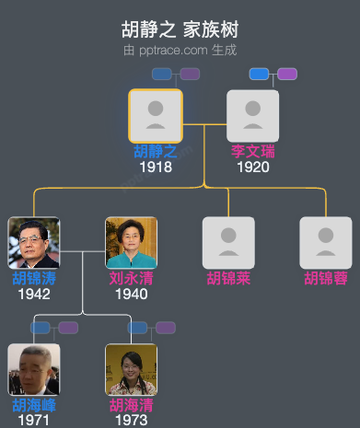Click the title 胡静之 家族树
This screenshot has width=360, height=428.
point(180,29)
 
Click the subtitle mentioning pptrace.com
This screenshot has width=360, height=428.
point(180,50)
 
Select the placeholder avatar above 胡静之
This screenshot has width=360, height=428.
point(156,115)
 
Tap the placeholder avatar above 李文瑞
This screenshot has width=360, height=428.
point(252,115)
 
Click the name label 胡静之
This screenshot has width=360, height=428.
point(156,152)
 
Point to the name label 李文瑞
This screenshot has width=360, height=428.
point(252,152)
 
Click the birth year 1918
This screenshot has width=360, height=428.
point(156,168)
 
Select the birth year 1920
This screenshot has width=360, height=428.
point(252,168)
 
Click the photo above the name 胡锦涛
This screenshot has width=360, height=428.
point(34,242)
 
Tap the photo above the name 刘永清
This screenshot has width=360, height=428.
point(131,242)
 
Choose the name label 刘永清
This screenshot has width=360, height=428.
point(131,279)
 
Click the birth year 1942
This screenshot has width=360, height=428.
point(34,295)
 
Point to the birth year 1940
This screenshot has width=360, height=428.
point(131,295)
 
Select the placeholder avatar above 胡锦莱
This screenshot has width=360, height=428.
point(228,242)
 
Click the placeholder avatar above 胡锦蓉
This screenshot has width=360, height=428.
point(326,242)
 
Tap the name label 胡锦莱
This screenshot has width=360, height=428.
point(228,279)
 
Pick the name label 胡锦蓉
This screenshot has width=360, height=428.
point(326,279)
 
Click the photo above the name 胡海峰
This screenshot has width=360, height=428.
point(34,369)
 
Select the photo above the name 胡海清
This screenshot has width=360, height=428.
point(131,369)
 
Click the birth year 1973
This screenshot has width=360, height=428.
point(131,421)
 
